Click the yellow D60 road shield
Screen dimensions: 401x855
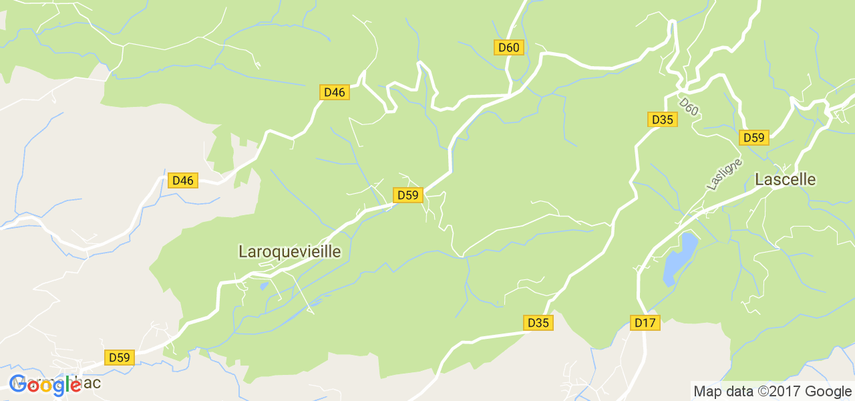(x=509, y=47)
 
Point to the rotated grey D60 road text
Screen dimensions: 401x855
(x=689, y=107)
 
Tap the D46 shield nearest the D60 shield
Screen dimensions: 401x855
(x=334, y=92)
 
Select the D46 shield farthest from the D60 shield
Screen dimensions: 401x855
(x=182, y=180)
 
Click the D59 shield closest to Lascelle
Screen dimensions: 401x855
(x=754, y=138)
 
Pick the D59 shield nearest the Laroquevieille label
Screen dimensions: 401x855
(x=407, y=195)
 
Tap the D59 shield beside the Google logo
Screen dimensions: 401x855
(x=120, y=358)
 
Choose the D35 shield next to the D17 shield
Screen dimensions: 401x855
(x=538, y=323)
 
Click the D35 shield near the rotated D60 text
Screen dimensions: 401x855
(x=663, y=120)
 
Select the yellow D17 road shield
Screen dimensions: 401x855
(x=645, y=323)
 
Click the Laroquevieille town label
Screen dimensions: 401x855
(x=289, y=251)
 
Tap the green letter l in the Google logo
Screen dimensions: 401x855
(x=69, y=384)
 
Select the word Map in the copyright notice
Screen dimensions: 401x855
(x=707, y=392)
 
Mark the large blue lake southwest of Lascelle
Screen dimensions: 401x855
(x=679, y=259)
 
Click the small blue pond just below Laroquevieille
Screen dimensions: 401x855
(x=264, y=286)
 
